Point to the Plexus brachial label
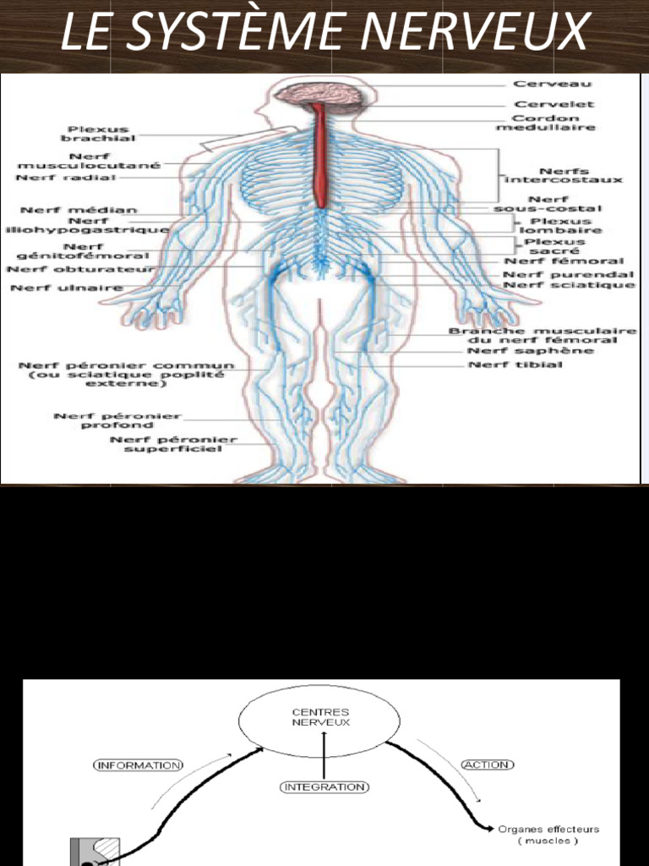98,134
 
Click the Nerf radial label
66,178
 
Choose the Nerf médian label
79,210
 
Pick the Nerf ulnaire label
67,288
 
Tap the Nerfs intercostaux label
564,176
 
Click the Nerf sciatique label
569,285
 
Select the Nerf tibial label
515,364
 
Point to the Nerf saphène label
531,351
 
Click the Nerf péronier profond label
117,420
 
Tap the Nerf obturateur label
80,270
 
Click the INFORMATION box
138,765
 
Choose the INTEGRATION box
324,787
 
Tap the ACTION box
488,765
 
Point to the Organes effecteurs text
548,829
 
